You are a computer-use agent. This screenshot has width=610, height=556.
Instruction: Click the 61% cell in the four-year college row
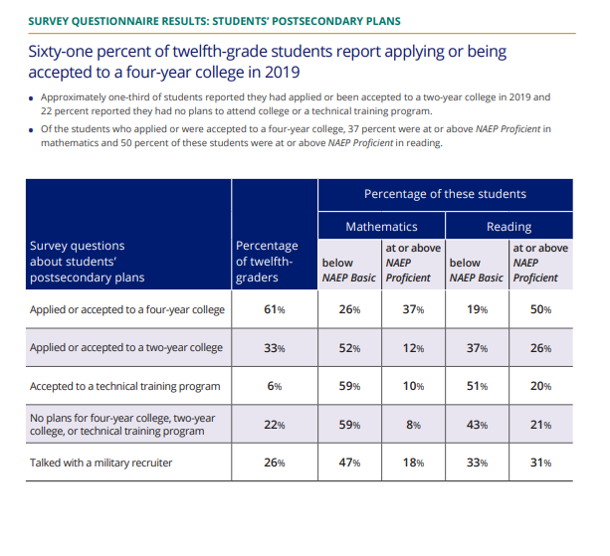pyautogui.click(x=275, y=310)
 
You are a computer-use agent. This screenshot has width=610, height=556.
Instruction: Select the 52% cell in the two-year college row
pyautogui.click(x=349, y=348)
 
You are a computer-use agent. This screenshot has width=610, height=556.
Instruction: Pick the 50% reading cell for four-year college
pyautogui.click(x=540, y=310)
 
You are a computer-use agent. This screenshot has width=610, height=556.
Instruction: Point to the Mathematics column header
pyautogui.click(x=381, y=227)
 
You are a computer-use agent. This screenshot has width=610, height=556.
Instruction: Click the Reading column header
pyautogui.click(x=508, y=227)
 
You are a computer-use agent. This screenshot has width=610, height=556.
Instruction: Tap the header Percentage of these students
pyautogui.click(x=445, y=193)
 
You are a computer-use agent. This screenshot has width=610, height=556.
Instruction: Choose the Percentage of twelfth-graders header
pyautogui.click(x=267, y=262)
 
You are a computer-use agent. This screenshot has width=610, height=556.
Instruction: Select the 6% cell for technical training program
pyautogui.click(x=275, y=386)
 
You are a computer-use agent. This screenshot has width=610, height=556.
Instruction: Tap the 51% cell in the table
pyautogui.click(x=477, y=386)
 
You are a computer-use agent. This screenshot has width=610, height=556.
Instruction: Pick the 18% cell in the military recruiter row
pyautogui.click(x=413, y=463)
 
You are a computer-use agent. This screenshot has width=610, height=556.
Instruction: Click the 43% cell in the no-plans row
pyautogui.click(x=477, y=425)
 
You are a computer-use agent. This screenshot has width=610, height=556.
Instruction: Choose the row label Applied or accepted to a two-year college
pyautogui.click(x=125, y=348)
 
